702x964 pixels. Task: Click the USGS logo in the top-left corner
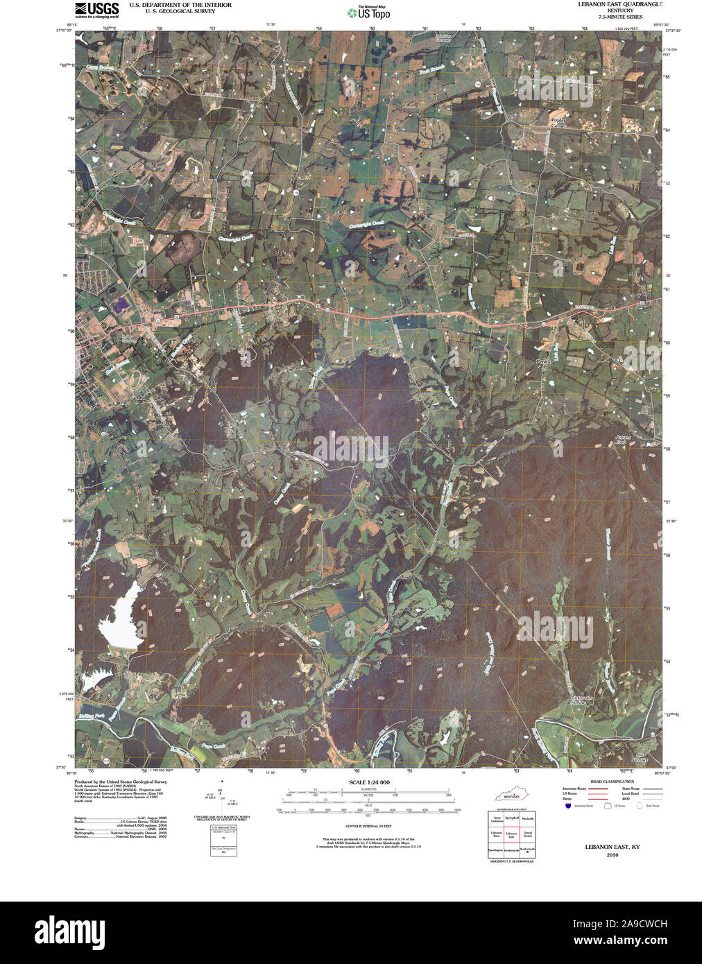(96, 10)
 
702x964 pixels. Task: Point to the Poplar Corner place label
(558, 123)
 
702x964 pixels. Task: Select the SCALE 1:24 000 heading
(364, 782)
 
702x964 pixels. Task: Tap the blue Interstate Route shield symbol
(568, 806)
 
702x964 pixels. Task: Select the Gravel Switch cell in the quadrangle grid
(528, 834)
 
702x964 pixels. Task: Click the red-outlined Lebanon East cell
(512, 834)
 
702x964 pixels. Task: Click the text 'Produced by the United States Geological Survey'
(121, 782)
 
